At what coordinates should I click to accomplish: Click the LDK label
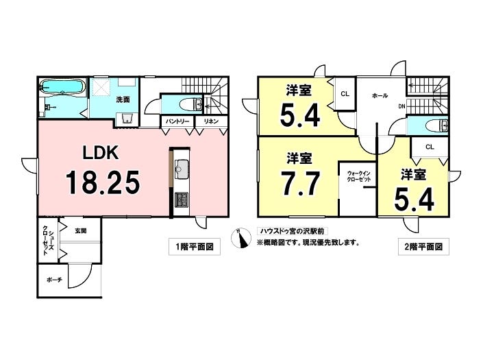[x=102, y=152]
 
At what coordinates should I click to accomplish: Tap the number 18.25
[x=103, y=182]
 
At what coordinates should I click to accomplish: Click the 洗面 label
[x=123, y=99]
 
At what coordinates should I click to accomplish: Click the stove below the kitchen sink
[x=182, y=200]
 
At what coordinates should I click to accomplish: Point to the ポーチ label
[x=54, y=280]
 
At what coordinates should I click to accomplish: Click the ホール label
[x=380, y=95]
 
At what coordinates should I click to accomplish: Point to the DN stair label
[x=401, y=106]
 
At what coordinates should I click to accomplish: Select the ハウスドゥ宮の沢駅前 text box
[x=287, y=232]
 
